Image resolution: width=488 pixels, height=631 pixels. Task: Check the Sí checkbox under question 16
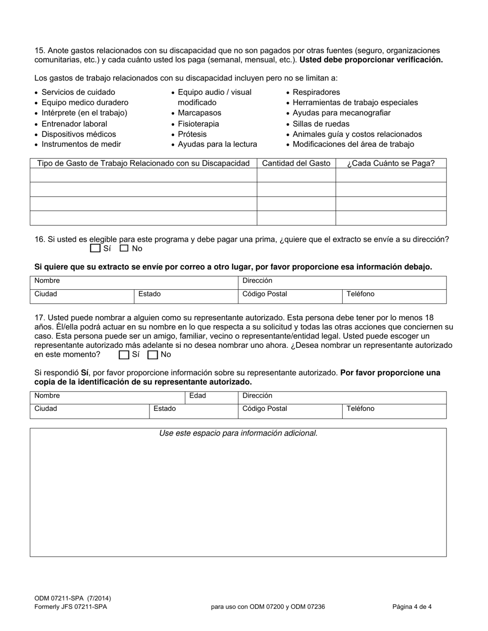pos(95,248)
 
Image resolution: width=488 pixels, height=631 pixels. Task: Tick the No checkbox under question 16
pos(124,248)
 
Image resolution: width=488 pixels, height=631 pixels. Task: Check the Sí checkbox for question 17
pos(124,354)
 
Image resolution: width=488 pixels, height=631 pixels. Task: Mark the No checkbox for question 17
pos(153,354)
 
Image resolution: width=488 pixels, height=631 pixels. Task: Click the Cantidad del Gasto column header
pos(296,163)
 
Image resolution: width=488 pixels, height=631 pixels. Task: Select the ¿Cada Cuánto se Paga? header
pos(390,163)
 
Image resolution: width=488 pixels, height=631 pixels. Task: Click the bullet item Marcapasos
pos(199,113)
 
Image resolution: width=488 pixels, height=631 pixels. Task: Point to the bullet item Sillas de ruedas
pos(321,124)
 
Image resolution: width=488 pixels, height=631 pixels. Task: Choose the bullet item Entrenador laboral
pos(74,124)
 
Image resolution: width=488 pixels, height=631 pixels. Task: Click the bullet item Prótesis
pos(192,134)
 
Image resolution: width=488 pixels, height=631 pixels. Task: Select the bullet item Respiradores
pos(316,92)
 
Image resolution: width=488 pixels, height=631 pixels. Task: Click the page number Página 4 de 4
pos(412,607)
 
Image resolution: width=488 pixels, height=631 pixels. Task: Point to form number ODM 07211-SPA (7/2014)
pos(72,598)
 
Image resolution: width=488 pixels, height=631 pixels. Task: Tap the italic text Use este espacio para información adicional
pos(238,433)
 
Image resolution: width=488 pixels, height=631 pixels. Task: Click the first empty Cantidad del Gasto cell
pos(296,175)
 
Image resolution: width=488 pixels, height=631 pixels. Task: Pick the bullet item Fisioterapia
pos(198,124)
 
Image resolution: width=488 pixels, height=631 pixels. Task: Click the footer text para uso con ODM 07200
pos(268,607)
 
